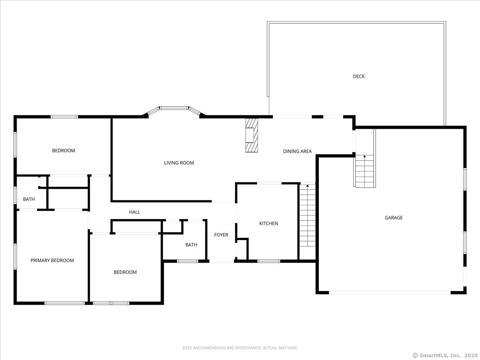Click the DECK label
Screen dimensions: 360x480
[359, 76]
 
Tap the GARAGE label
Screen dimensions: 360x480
[394, 218]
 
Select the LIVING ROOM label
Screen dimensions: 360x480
[179, 163]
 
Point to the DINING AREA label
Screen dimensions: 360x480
[297, 151]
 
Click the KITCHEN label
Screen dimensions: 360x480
[268, 223]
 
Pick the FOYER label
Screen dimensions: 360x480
[221, 235]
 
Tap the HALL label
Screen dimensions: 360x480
[134, 212]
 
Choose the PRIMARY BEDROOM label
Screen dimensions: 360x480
[52, 260]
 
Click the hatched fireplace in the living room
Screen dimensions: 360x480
[252, 135]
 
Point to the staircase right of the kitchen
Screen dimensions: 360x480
[307, 216]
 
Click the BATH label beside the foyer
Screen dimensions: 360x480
[191, 245]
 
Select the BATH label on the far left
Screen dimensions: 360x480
[29, 199]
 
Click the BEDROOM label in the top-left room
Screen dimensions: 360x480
[64, 151]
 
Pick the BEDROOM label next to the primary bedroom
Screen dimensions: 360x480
[125, 272]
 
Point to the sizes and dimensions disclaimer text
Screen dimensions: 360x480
[240, 348]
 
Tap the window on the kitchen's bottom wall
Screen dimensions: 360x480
[268, 261]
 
